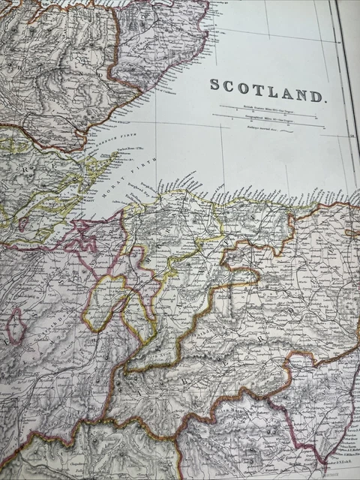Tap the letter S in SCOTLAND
(214, 86)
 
